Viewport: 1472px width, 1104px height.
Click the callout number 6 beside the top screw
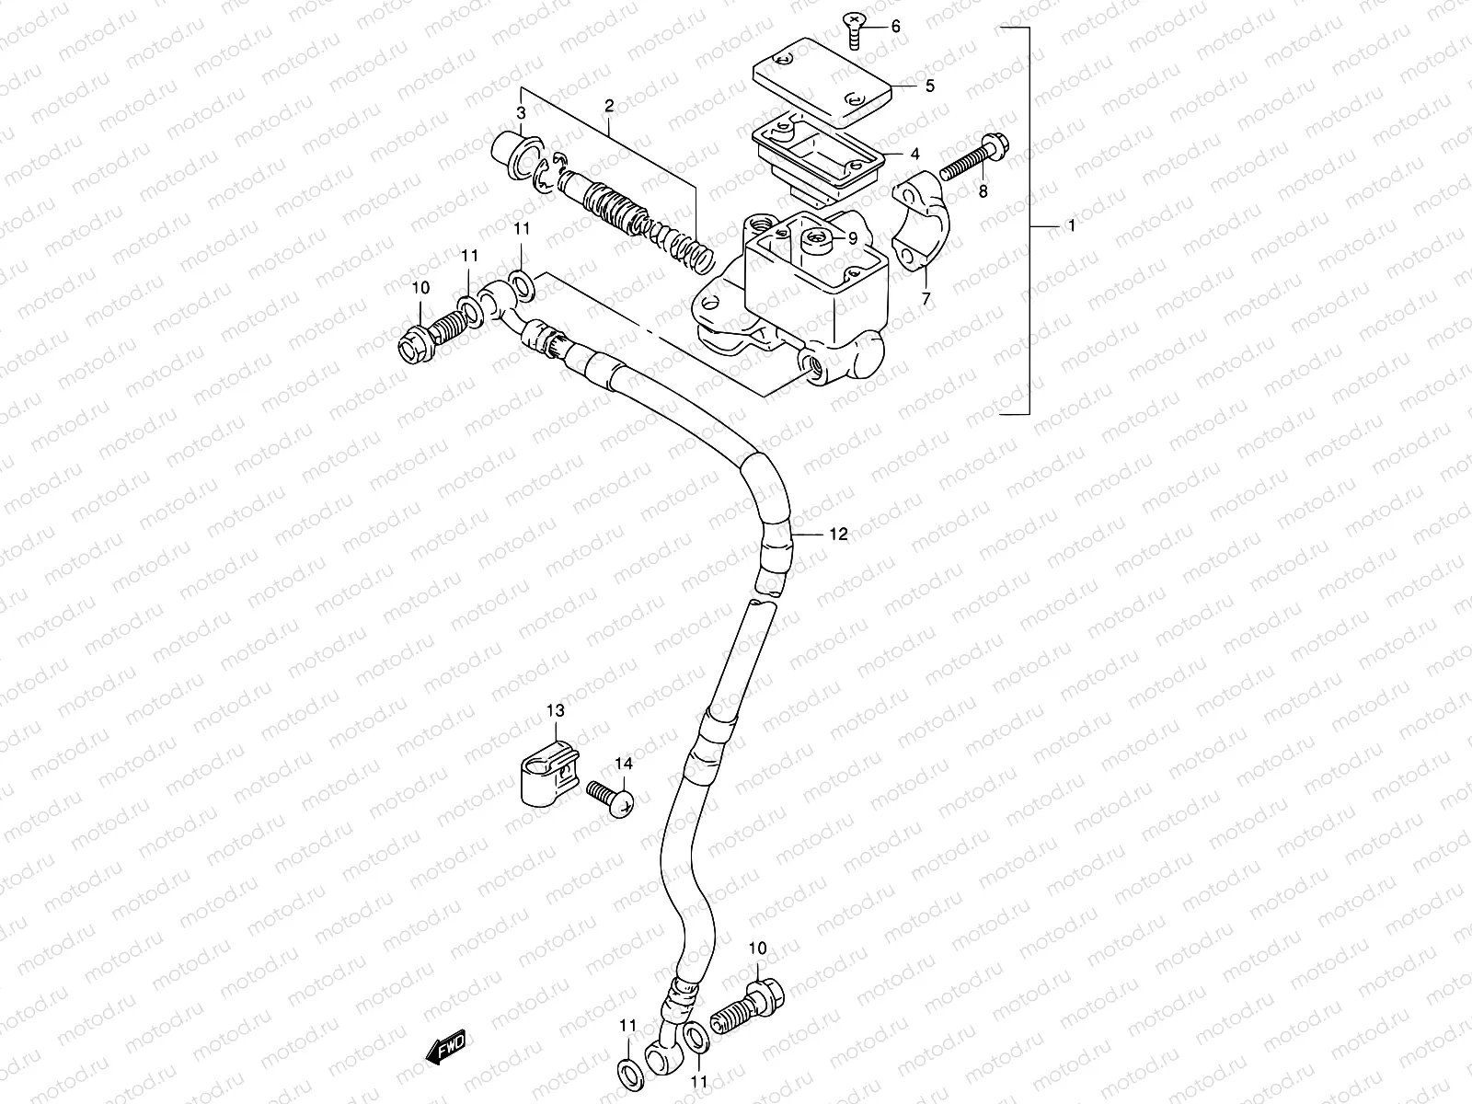(x=896, y=27)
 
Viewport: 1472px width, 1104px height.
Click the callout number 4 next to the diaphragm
(x=890, y=154)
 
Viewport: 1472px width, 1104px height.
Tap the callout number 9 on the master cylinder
(x=853, y=237)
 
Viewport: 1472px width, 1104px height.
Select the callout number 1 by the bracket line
(x=1071, y=225)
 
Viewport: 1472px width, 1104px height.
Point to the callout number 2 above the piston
(x=608, y=107)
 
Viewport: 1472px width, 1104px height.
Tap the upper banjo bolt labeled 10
(x=427, y=334)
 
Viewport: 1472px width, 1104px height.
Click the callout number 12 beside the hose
(x=837, y=534)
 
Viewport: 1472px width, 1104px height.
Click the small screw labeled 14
(x=609, y=795)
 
